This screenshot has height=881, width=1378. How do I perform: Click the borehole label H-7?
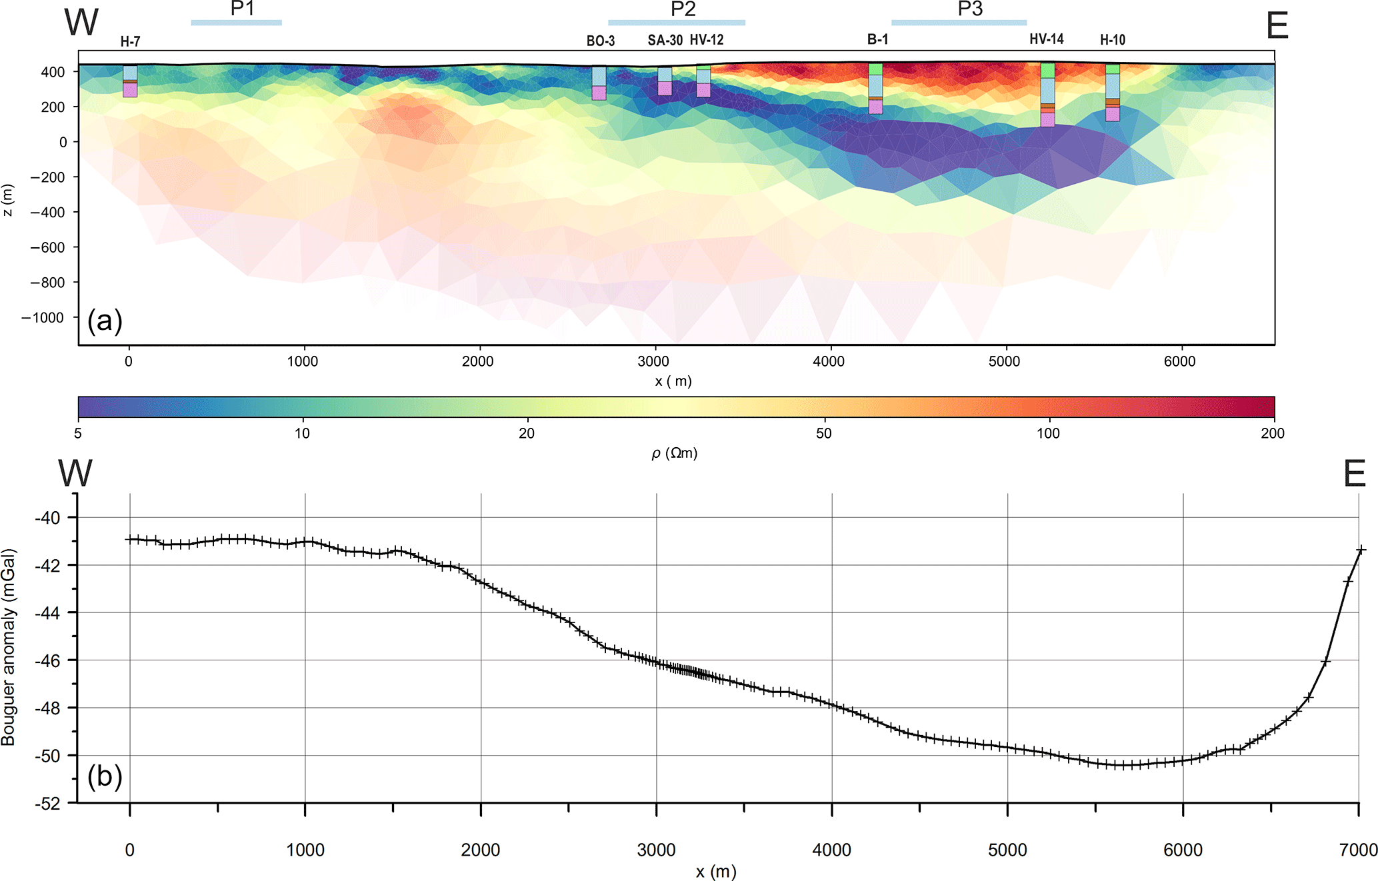click(130, 41)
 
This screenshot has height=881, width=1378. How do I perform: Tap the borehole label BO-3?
click(600, 41)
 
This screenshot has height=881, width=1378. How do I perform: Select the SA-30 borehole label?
click(665, 40)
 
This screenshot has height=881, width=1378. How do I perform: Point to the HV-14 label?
click(1046, 39)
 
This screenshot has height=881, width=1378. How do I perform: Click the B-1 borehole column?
click(875, 89)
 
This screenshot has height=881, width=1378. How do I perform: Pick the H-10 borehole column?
click(1112, 93)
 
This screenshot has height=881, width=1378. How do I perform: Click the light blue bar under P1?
click(236, 23)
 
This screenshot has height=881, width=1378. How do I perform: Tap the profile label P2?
click(683, 9)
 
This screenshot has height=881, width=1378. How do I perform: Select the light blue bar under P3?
click(959, 23)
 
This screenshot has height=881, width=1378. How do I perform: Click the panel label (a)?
click(105, 321)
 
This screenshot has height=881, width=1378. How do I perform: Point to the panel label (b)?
click(105, 776)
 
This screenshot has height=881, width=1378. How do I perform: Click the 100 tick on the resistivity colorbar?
click(1048, 433)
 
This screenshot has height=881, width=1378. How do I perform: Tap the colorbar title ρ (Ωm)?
click(674, 453)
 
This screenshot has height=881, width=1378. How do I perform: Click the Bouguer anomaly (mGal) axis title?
click(8, 646)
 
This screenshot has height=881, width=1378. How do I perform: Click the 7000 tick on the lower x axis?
click(1358, 850)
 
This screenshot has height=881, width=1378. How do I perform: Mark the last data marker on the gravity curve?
click(1361, 550)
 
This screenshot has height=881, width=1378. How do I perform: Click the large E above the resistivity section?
click(1277, 27)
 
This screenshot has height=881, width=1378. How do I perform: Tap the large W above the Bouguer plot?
click(75, 473)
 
